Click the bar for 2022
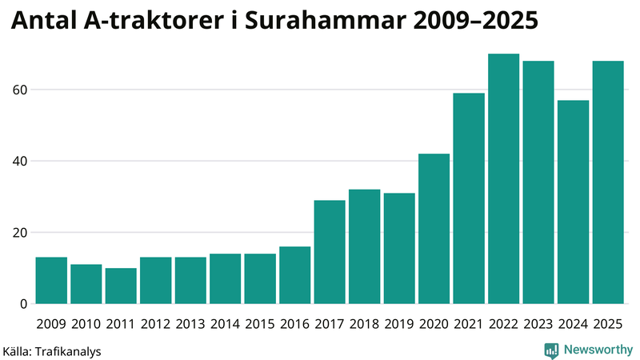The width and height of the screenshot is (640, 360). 504,179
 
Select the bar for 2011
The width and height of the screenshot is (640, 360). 121,286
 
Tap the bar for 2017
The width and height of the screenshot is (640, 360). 330,252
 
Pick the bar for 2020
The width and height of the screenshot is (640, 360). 434,229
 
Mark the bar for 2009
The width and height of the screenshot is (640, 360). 51,281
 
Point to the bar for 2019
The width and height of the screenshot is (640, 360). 399,249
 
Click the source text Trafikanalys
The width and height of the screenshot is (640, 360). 68,350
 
